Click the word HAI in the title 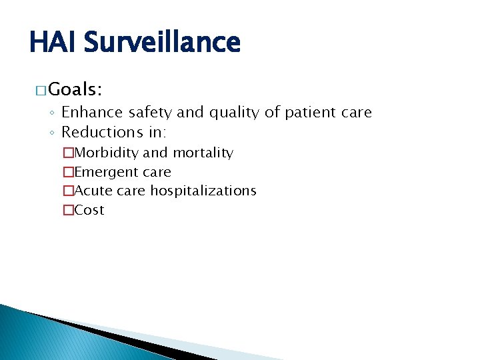point(55,43)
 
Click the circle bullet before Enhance point(52,113)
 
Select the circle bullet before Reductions point(52,132)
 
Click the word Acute point(93,191)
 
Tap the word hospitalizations point(203,191)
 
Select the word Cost point(89,210)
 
